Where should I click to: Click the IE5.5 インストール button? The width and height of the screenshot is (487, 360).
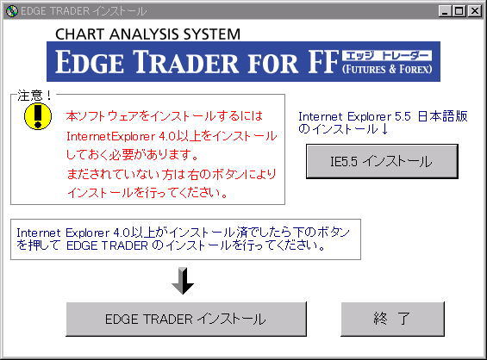(382, 161)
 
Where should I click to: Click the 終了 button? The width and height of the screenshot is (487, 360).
(392, 319)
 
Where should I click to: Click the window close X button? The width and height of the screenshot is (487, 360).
(475, 11)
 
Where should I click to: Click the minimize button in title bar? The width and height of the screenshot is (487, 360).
(446, 11)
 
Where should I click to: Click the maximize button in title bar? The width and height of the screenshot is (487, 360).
(459, 11)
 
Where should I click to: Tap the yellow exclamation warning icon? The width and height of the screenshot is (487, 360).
(38, 116)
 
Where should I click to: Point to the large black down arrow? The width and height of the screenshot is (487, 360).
(183, 281)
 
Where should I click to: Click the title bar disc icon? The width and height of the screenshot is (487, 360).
(12, 11)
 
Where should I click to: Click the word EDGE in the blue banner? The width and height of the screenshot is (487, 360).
(89, 62)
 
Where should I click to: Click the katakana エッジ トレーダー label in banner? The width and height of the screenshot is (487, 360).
(387, 56)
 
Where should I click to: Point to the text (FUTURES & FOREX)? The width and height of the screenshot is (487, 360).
(387, 69)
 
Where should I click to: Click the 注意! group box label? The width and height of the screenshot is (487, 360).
(34, 96)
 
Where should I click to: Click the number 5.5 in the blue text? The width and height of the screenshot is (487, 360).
(403, 116)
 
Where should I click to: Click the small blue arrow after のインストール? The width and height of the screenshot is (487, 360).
(384, 129)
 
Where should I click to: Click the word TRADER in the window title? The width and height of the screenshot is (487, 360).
(70, 11)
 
